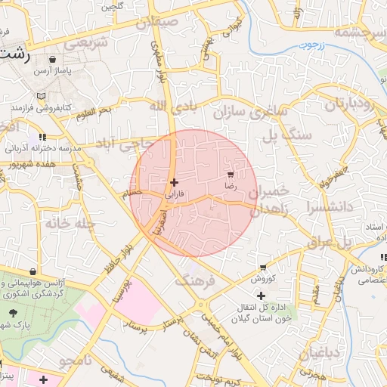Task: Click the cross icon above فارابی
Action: click(x=175, y=182)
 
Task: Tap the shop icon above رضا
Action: click(x=230, y=174)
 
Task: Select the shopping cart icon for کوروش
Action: click(x=262, y=268)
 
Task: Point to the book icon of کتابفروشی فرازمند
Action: click(x=41, y=96)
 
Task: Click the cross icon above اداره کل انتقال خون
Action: click(x=262, y=296)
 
